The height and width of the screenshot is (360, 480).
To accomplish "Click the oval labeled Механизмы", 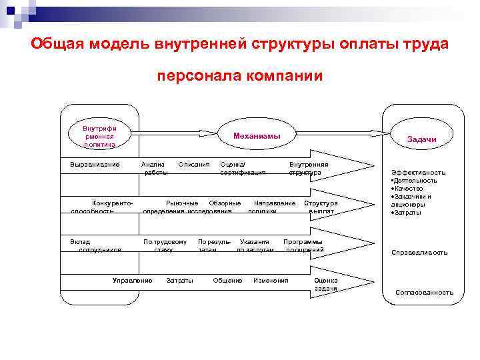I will pos(257,136).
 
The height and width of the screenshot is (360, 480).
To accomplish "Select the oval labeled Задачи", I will pos(421,139).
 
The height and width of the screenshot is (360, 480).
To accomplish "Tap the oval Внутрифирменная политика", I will pos(99,135).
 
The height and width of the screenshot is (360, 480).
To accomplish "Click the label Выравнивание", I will pos(95,164).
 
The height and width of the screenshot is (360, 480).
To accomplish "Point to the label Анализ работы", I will pos(155,168).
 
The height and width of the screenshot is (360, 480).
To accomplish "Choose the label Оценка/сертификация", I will pos(243,168).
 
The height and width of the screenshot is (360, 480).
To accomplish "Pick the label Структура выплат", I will pos(321,207).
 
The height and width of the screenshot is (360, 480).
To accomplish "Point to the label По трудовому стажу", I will pos(165,245).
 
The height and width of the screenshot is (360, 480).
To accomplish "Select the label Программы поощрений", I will pos(303,245).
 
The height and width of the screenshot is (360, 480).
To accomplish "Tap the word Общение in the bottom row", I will pos(227,280).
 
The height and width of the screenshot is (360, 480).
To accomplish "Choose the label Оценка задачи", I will pos(326,284).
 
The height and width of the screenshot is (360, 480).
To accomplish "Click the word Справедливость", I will pos(419,253).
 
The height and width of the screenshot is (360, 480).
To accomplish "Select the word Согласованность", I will pos(424,292).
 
